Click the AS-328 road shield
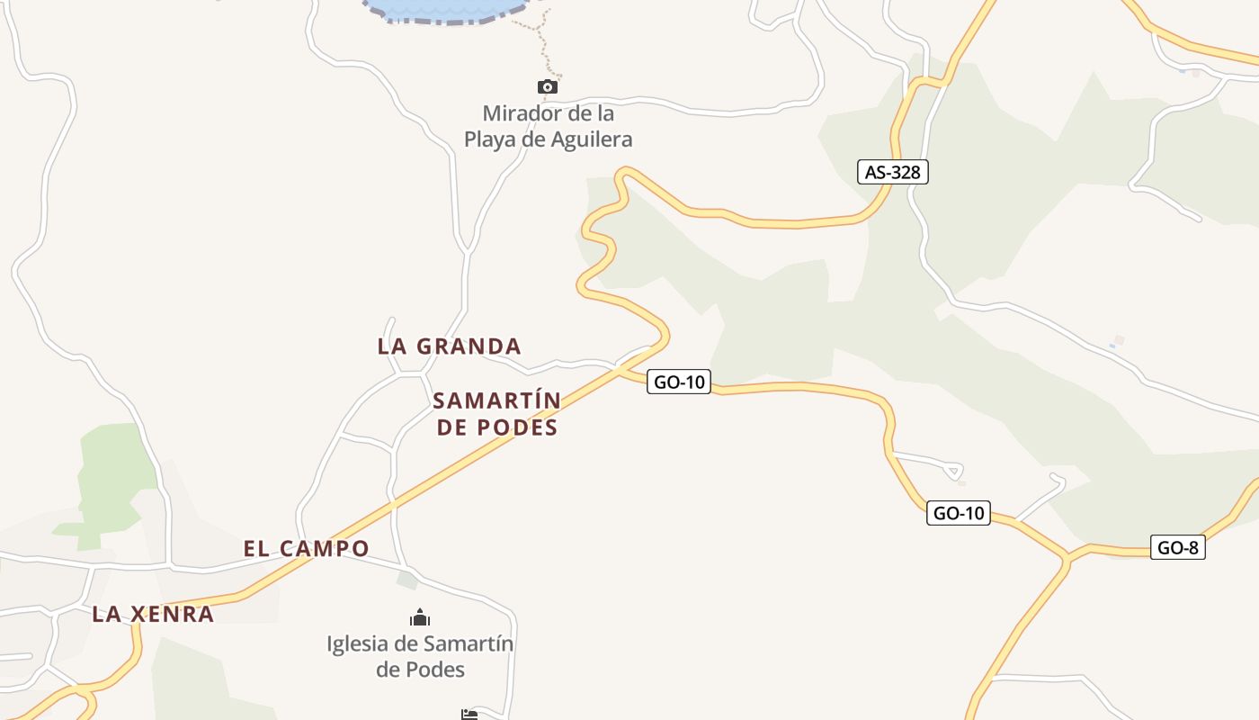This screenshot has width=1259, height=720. [x=892, y=172]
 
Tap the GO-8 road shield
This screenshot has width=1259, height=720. [x=1177, y=547]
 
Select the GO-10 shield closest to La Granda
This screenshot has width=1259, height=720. [x=679, y=382]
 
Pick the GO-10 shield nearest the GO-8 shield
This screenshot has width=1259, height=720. [x=959, y=513]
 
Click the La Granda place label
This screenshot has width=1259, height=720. [x=449, y=346]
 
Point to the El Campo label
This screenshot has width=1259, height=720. [x=306, y=548]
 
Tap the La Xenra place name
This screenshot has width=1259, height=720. [x=153, y=614]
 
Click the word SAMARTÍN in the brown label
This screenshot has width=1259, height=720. [x=496, y=400]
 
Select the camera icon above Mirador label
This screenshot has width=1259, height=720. [x=547, y=87]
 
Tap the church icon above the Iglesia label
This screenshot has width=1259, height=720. [x=420, y=618]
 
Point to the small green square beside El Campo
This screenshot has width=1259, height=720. [x=407, y=580]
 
